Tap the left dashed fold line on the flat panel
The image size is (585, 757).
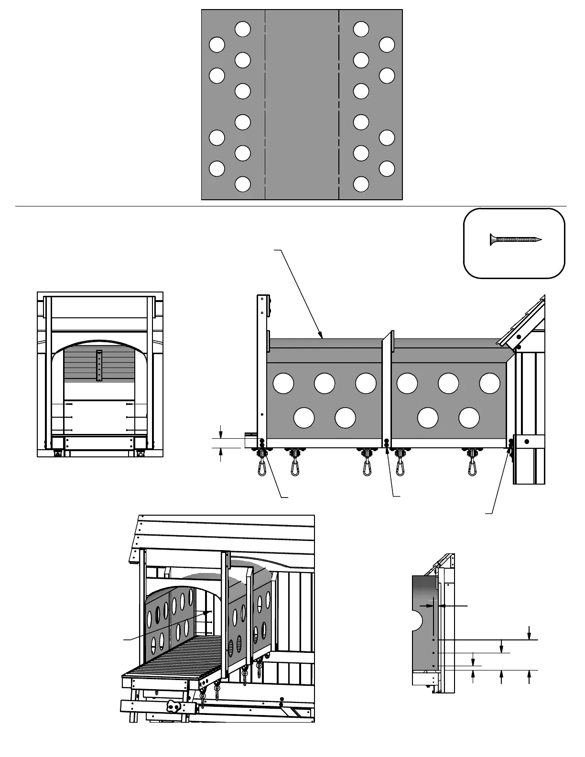[265, 104]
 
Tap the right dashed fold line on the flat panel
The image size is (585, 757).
[339, 104]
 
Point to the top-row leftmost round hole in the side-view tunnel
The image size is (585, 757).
[283, 383]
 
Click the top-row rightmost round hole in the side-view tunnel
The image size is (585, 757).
[489, 383]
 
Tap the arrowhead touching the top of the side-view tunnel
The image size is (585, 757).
[323, 336]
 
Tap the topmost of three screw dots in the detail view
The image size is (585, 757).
[433, 639]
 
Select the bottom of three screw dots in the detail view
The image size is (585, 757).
[433, 666]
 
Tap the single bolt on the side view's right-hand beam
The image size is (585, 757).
[527, 441]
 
